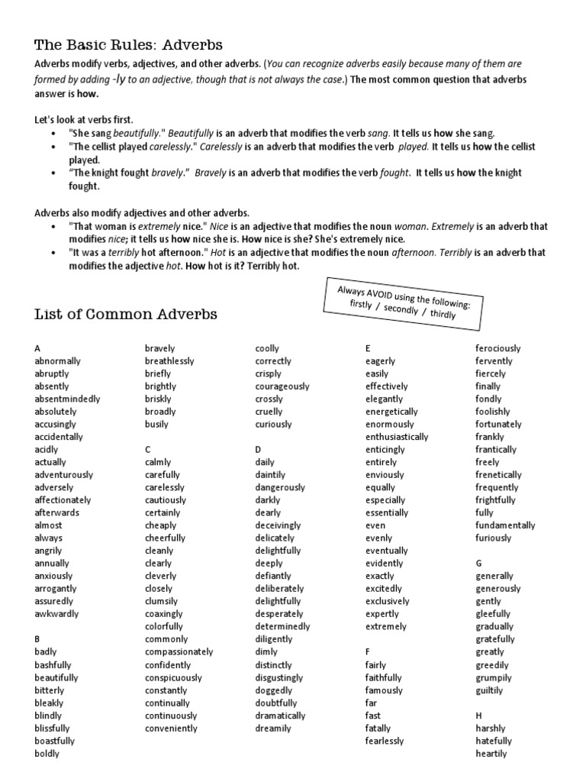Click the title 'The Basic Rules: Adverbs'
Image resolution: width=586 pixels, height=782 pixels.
(x=128, y=45)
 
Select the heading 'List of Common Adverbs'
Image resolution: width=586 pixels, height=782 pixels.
(x=126, y=314)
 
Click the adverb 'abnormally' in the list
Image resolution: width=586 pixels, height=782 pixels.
(x=57, y=360)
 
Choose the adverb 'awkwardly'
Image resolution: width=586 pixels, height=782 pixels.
(x=56, y=613)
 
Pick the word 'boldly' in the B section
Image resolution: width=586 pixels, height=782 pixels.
(x=47, y=753)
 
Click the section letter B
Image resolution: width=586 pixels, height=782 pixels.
(x=37, y=639)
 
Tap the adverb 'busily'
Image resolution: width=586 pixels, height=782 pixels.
(x=156, y=424)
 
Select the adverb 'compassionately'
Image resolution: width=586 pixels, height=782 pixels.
(x=179, y=651)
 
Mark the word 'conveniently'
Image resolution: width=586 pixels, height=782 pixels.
(x=171, y=728)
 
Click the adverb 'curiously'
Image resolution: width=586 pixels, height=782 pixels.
(x=273, y=424)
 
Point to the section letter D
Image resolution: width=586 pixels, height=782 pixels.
(x=259, y=449)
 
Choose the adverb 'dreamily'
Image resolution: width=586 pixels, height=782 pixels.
(x=272, y=728)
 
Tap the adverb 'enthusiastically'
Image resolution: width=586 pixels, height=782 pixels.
(x=397, y=437)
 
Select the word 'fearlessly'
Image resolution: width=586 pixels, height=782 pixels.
(x=385, y=740)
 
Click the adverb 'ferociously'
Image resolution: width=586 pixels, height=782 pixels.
(x=497, y=348)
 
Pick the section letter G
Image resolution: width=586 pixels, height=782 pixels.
(x=478, y=563)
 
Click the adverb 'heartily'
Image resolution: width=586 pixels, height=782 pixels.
(x=491, y=753)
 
